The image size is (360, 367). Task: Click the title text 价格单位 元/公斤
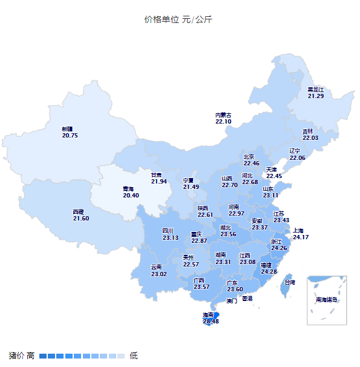[x=178, y=19]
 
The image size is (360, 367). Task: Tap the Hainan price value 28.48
[x=211, y=322]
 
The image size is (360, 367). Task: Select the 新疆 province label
[x=67, y=129]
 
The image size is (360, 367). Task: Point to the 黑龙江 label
[x=315, y=90]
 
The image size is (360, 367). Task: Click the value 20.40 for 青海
[x=131, y=196]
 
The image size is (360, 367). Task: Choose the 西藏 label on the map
[x=78, y=212]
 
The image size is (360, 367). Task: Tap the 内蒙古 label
[x=223, y=115]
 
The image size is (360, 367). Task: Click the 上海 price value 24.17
[x=301, y=237]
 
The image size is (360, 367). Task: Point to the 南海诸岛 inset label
[x=326, y=300]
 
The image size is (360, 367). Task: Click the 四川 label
[x=168, y=231]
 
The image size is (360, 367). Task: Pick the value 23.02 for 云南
[x=159, y=274]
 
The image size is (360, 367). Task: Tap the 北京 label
[x=249, y=156]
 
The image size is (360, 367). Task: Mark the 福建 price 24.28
[x=269, y=272]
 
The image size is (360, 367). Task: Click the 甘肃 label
[x=159, y=174]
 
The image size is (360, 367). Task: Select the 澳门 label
[x=232, y=300]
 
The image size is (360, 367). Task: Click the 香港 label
[x=247, y=299]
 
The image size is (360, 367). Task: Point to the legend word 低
[x=134, y=355]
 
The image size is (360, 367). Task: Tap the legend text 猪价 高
[x=22, y=355]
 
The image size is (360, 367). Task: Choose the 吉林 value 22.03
[x=310, y=138]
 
